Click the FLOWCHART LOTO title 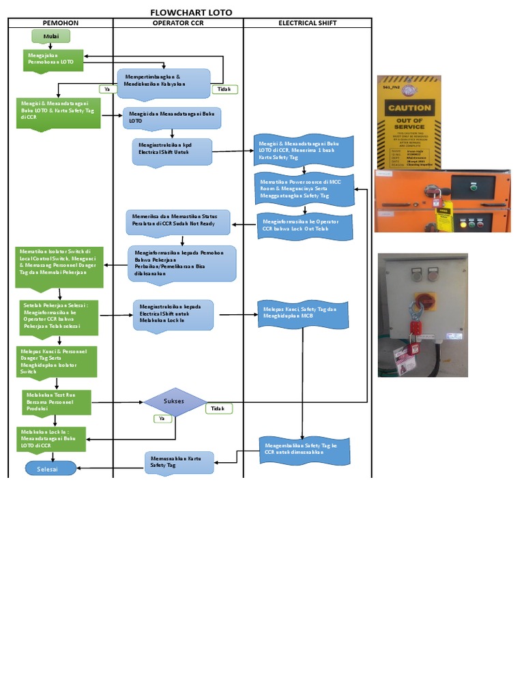191,12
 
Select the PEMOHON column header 61,23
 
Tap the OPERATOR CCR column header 178,23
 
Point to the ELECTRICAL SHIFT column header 307,23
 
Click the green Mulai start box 50,36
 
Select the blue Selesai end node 50,469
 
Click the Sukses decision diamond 174,401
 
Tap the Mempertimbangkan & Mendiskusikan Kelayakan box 164,82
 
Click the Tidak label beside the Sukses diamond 218,408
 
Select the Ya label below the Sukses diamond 162,419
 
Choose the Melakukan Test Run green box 54,402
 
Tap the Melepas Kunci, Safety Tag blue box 303,314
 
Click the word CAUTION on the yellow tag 409,108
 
